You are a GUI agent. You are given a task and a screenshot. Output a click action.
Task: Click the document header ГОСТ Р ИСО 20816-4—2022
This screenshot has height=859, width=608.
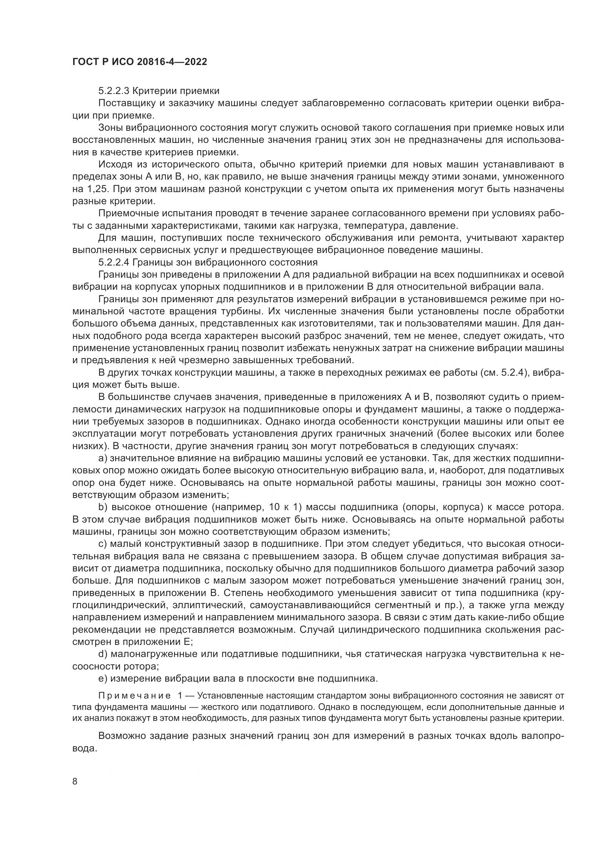pos(139,62)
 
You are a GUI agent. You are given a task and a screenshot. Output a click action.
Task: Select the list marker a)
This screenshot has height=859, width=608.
pos(103,458)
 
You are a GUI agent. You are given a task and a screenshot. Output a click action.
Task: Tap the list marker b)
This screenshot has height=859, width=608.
pos(103,507)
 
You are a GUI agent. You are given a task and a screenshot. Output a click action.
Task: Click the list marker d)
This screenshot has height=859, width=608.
pos(103,654)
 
